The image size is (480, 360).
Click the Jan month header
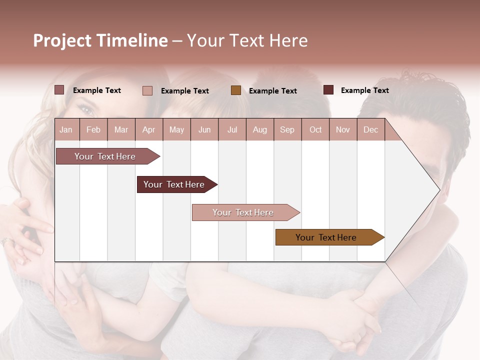pyautogui.click(x=66, y=129)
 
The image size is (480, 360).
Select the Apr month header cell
pyautogui.click(x=149, y=129)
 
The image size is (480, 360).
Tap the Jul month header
pyautogui.click(x=232, y=129)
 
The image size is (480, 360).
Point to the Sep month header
pyautogui.click(x=287, y=129)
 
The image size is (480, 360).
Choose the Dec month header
pyautogui.click(x=370, y=129)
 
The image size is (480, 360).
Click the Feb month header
pyautogui.click(x=93, y=129)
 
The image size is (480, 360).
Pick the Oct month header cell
pyautogui.click(x=315, y=129)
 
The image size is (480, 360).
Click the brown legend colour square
pyautogui.click(x=236, y=90)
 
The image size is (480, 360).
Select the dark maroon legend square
pyautogui.click(x=328, y=90)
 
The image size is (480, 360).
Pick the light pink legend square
pyautogui.click(x=147, y=90)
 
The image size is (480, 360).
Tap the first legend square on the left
pyautogui.click(x=59, y=90)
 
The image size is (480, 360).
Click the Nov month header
pyautogui.click(x=343, y=129)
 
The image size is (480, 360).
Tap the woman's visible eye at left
pyautogui.click(x=86, y=109)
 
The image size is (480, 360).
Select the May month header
pyautogui.click(x=176, y=129)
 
